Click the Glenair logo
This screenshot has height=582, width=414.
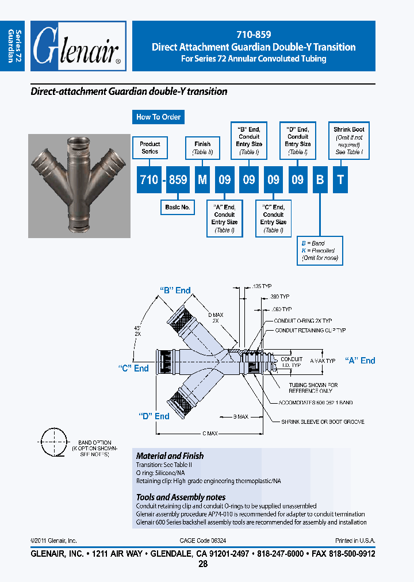click(x=78, y=47)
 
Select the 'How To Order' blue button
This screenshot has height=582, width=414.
click(x=158, y=117)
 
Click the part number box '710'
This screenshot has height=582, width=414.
click(x=149, y=180)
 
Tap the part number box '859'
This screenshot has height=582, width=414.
click(x=178, y=180)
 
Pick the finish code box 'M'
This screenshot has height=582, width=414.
click(x=202, y=180)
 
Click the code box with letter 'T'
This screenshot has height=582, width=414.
click(x=340, y=180)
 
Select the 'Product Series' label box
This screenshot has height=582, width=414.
click(x=150, y=148)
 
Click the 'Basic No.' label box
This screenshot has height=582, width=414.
click(x=177, y=207)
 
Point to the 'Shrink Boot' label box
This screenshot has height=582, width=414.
click(x=349, y=141)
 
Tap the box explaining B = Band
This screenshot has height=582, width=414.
click(x=320, y=251)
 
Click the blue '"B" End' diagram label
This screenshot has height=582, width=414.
click(x=175, y=290)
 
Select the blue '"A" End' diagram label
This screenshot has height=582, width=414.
click(x=360, y=361)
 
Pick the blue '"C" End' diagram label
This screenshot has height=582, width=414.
click(x=133, y=368)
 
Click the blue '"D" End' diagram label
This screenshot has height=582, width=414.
click(x=154, y=416)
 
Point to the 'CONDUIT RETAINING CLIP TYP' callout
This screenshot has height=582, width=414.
click(x=310, y=331)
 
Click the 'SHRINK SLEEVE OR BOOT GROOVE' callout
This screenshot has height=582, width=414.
click(x=323, y=422)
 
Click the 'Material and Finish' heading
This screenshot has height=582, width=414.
click(x=170, y=455)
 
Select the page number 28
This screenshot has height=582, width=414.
click(x=202, y=564)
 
